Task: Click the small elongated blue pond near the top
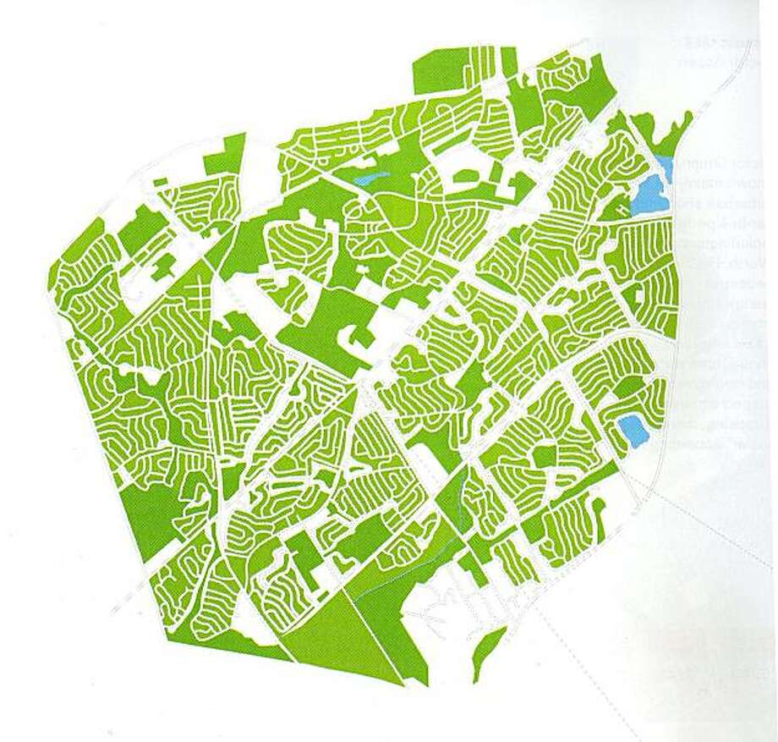(x=369, y=179)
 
